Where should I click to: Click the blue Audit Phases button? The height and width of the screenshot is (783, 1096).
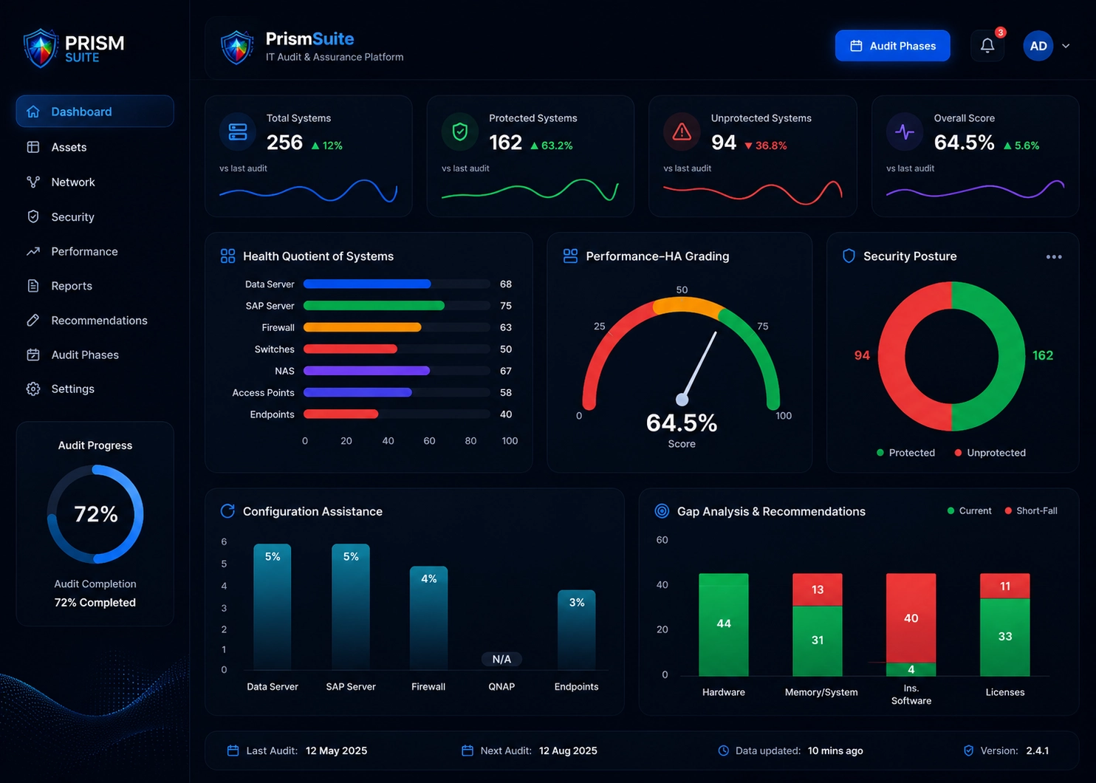892,46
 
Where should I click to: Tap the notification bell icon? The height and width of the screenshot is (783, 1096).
987,46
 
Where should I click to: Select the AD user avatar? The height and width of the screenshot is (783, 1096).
1038,46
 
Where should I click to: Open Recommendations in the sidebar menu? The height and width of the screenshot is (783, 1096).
99,321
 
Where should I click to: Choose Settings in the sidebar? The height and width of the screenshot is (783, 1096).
73,389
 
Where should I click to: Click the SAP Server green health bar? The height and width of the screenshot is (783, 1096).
374,306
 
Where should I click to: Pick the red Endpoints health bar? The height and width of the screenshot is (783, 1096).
340,414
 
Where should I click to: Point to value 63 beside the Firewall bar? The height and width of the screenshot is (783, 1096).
505,327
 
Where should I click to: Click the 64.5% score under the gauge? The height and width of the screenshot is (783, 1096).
682,423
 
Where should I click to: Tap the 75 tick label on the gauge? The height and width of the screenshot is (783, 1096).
762,326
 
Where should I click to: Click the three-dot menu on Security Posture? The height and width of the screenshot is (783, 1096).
1054,257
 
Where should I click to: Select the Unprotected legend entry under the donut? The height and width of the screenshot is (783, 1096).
990,453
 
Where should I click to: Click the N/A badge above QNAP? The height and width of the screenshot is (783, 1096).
501,659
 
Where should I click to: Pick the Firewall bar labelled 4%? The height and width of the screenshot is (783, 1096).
428,618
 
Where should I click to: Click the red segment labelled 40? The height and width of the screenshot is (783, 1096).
911,618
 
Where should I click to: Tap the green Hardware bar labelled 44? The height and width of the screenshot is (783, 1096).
724,624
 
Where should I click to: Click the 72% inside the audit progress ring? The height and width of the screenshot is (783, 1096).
96,514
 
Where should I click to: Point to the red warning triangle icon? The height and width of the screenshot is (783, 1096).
682,131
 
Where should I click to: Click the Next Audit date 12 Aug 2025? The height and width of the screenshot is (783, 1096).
568,750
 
